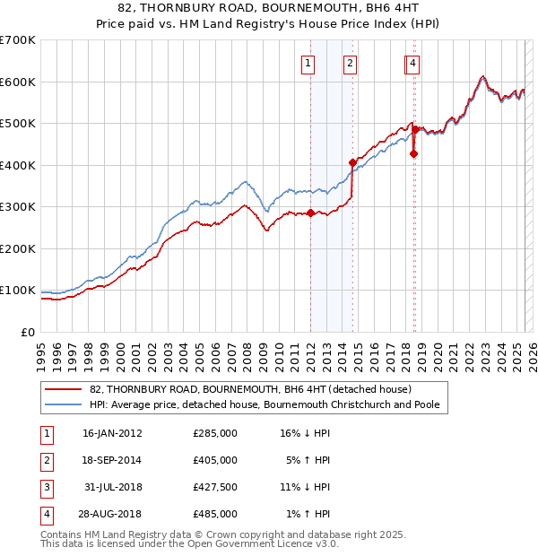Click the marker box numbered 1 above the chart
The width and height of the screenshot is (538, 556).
pos(308,63)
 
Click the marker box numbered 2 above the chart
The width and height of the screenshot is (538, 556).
pos(350,63)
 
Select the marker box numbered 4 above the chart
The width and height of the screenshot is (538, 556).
pos(412,63)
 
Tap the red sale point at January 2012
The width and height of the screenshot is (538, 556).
pos(310,213)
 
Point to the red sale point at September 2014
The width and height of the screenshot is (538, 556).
pos(352,163)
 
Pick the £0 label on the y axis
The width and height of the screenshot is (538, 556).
pos(29,332)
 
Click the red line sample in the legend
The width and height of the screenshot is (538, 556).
pos(62,390)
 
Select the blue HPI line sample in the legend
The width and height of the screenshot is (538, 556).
pos(62,404)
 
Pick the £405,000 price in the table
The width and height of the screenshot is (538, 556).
pos(215,460)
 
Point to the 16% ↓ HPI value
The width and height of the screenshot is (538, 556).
pos(306,433)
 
